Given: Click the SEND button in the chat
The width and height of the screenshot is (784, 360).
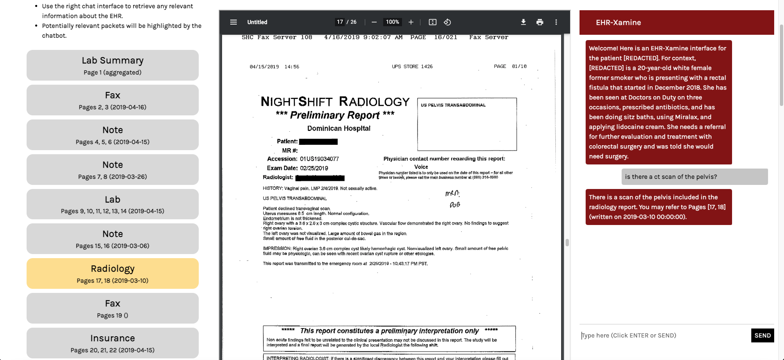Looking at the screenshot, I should pyautogui.click(x=762, y=335).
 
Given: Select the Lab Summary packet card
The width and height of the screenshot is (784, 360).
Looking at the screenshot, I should pyautogui.click(x=112, y=65).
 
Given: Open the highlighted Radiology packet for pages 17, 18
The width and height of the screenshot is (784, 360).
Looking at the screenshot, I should pyautogui.click(x=112, y=274).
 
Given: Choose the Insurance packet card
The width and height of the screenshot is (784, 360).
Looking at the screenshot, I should pyautogui.click(x=112, y=343).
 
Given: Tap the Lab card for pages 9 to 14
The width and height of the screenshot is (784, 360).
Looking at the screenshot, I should pyautogui.click(x=112, y=205).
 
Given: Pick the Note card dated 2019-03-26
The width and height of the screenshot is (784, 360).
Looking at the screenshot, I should pyautogui.click(x=112, y=170).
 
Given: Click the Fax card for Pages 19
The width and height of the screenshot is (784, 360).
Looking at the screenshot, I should pyautogui.click(x=112, y=308).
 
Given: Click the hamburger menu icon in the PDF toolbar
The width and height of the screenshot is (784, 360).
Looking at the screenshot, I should pyautogui.click(x=234, y=22).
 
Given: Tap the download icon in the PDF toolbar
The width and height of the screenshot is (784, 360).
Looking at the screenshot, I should pyautogui.click(x=523, y=22).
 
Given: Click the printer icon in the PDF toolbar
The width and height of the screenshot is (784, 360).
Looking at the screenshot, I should pyautogui.click(x=540, y=22).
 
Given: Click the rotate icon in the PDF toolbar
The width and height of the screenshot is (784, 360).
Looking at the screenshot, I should pyautogui.click(x=447, y=22).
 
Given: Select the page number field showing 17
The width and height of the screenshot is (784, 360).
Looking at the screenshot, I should pyautogui.click(x=340, y=22).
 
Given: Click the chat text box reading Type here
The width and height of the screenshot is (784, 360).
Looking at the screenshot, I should pyautogui.click(x=665, y=335).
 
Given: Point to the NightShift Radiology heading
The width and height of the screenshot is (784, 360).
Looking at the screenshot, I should pyautogui.click(x=335, y=101).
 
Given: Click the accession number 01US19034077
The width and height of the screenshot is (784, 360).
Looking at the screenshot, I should pyautogui.click(x=319, y=159).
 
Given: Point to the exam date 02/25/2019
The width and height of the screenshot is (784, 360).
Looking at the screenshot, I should pyautogui.click(x=314, y=168).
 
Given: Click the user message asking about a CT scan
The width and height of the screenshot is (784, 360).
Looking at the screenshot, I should pyautogui.click(x=694, y=177).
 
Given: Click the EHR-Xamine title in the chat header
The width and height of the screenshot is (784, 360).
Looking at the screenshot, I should pyautogui.click(x=618, y=22).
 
